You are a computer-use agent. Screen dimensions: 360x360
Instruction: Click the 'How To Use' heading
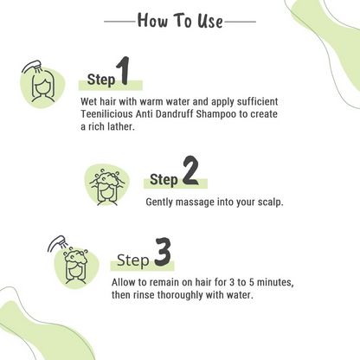coord(179,20)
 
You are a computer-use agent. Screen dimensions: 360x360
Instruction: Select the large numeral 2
coord(190,172)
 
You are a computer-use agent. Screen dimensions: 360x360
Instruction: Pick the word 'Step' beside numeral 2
coord(164,180)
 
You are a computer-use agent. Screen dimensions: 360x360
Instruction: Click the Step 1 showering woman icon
coord(40,80)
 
